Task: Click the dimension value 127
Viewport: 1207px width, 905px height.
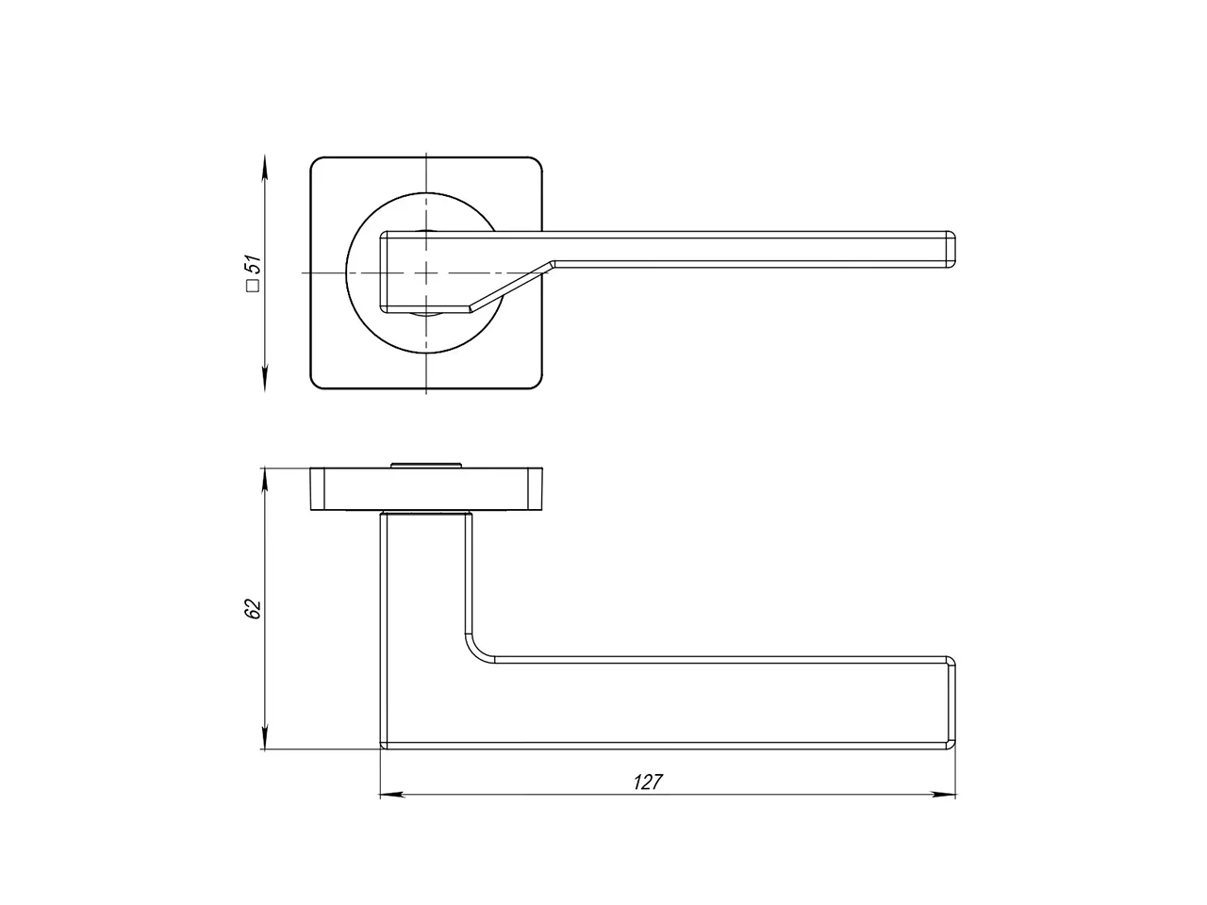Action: click(x=648, y=782)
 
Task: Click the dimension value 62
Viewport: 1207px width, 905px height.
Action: click(x=253, y=608)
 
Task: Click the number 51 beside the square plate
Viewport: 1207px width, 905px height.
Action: click(x=253, y=266)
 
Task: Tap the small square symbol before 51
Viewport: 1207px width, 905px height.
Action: click(x=254, y=286)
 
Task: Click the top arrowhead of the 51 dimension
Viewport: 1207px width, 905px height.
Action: click(x=265, y=167)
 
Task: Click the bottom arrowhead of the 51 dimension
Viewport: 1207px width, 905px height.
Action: click(x=265, y=379)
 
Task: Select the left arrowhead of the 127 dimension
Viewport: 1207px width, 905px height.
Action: click(x=392, y=795)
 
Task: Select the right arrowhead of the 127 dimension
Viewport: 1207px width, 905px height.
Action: click(x=944, y=795)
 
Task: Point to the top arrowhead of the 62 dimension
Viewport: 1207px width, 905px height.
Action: click(x=265, y=480)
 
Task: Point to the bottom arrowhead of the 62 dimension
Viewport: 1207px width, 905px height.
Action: click(x=265, y=737)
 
